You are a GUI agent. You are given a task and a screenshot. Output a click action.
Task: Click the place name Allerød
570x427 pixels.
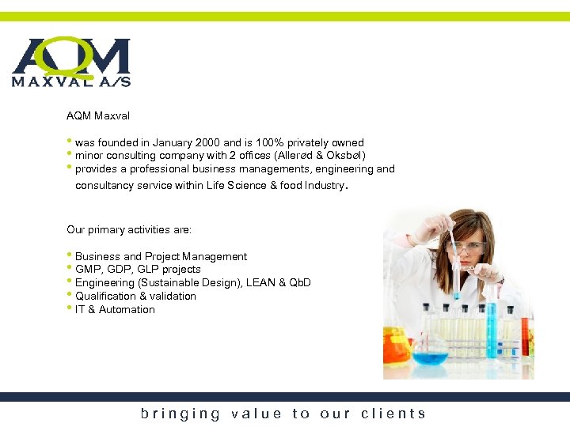[298, 156]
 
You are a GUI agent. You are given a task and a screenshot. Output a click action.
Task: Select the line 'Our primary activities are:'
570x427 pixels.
[129, 230]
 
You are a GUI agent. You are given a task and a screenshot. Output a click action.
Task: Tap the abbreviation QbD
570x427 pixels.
[299, 283]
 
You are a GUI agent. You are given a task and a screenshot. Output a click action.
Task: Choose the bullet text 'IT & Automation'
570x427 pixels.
[115, 310]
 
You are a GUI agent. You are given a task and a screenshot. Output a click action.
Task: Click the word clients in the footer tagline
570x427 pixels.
[393, 414]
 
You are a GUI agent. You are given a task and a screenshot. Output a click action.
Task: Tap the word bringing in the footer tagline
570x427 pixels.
[180, 414]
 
